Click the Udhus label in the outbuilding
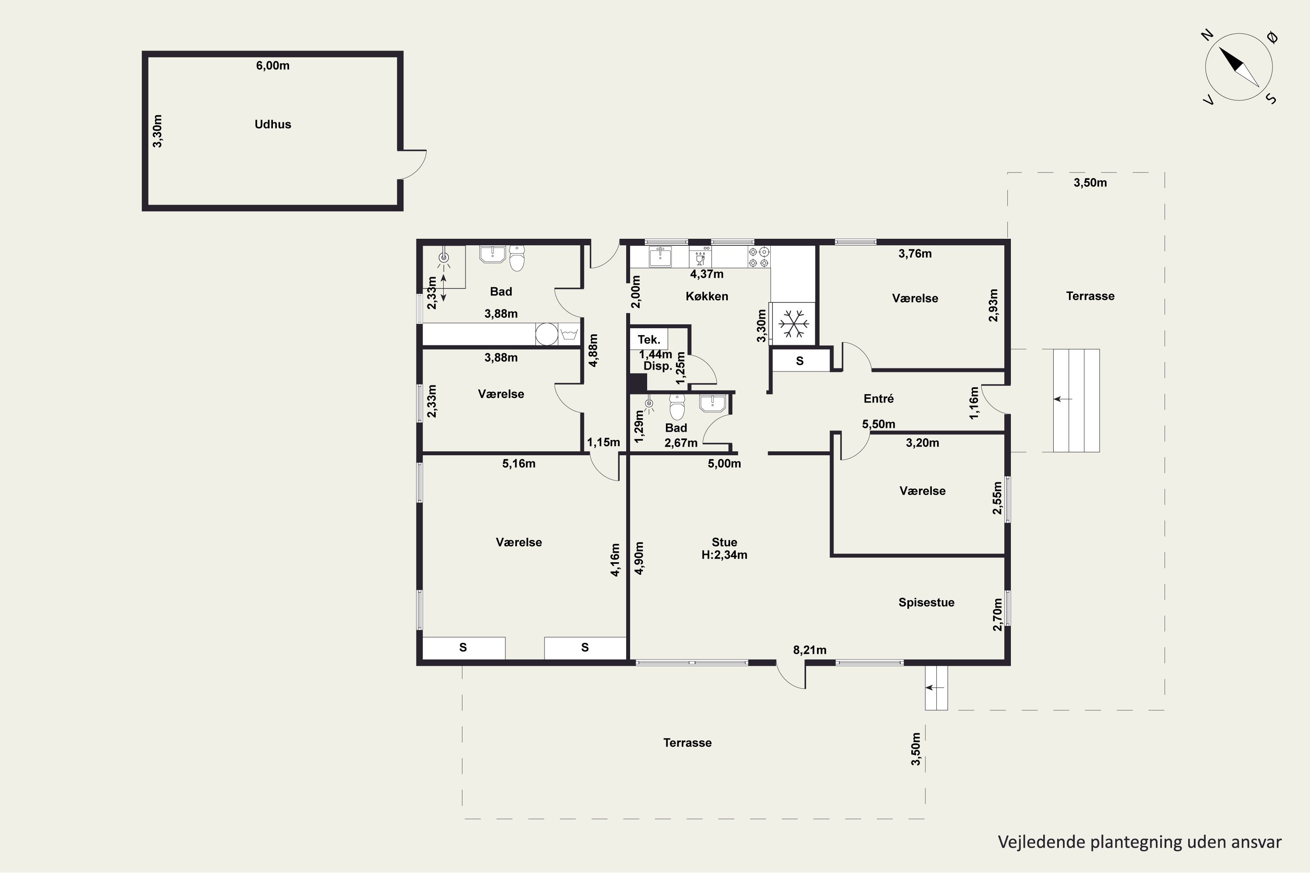tap(272, 124)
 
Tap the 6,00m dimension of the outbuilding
tap(272, 66)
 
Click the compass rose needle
tap(1239, 67)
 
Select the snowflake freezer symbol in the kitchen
tap(793, 323)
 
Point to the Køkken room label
tap(707, 296)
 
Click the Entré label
tap(878, 399)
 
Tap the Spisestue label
tap(926, 602)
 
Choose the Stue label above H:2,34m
tap(724, 542)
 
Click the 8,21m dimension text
tap(809, 650)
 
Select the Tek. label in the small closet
tap(648, 340)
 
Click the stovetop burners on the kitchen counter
tap(758, 257)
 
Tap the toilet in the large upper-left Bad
tap(517, 258)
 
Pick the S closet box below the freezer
tap(800, 361)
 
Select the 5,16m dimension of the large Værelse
tap(519, 464)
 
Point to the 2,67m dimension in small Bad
tap(681, 443)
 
